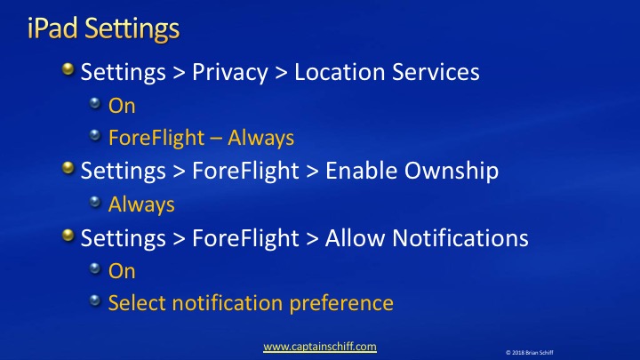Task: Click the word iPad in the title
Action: (x=52, y=28)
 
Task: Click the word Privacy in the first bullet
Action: (x=230, y=73)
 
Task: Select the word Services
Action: (x=436, y=72)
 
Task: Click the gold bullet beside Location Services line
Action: (x=68, y=69)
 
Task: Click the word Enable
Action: (x=361, y=170)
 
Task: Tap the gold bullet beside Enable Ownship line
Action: (x=68, y=168)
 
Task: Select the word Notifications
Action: (x=460, y=237)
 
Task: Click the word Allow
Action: (x=355, y=237)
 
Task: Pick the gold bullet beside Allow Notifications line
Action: (x=68, y=235)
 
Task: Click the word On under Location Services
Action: (x=122, y=106)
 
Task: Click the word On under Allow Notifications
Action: (x=122, y=271)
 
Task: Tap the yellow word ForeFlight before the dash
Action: (x=156, y=138)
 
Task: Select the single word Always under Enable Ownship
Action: (x=141, y=204)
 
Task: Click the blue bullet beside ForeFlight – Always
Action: (x=95, y=135)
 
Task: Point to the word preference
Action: (x=341, y=303)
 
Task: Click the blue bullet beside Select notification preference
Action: (x=95, y=300)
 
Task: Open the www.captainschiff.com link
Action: (x=320, y=347)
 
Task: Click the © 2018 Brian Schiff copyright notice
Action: (x=530, y=353)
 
